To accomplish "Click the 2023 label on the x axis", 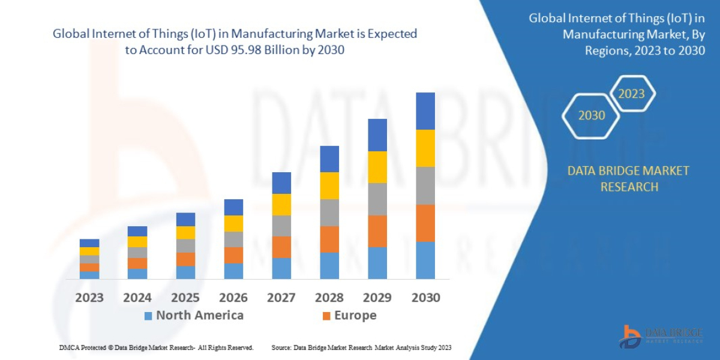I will coord(89,298).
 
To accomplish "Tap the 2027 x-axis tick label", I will coord(281,298).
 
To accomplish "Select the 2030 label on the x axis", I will coord(425,298).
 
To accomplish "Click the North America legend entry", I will coord(193,316).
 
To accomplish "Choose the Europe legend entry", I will coord(349,316).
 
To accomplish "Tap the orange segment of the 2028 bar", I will coord(329,239).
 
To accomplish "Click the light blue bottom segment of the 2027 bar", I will coord(281,268).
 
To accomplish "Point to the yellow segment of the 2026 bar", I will coord(233,223).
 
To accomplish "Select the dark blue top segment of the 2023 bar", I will coord(89,243).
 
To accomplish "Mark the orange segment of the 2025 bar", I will coord(185,259).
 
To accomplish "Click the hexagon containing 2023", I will coord(631,94).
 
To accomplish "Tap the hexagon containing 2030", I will coord(591,115).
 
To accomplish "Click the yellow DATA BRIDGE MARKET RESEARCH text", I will coord(628,179).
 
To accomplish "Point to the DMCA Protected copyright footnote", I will coord(156,347).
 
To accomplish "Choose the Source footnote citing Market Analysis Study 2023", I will coord(361,347).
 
